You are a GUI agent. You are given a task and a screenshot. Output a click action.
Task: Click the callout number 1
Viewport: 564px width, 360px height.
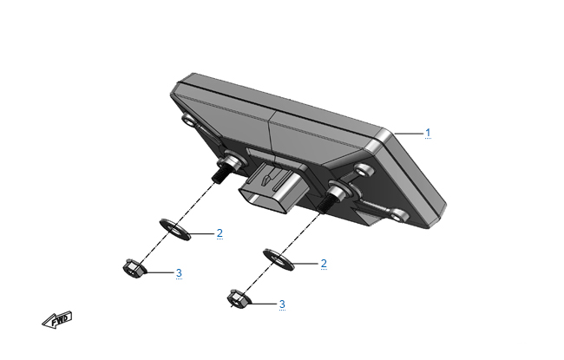[428, 133]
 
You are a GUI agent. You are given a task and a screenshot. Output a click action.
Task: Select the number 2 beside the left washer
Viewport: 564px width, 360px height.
[220, 233]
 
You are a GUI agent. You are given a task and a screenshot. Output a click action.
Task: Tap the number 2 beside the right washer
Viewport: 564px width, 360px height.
[324, 264]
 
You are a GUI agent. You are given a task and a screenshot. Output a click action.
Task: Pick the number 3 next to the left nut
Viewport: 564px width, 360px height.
[179, 273]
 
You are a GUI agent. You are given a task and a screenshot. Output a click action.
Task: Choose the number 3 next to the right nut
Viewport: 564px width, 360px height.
[282, 304]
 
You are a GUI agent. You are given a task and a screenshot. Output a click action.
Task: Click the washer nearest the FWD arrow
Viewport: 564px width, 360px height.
[175, 230]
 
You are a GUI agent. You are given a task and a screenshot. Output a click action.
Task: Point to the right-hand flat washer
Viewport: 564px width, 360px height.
[279, 259]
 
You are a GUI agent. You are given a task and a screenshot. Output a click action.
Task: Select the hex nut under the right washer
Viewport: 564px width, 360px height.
[238, 299]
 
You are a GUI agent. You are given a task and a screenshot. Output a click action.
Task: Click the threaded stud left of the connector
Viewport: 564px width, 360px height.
[220, 175]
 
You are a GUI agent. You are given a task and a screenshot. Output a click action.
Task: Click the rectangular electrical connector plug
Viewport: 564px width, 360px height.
[272, 187]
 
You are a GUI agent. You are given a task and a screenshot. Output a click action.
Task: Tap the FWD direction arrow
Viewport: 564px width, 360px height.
[56, 320]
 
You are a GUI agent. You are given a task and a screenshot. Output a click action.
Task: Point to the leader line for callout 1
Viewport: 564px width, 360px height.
[409, 134]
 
